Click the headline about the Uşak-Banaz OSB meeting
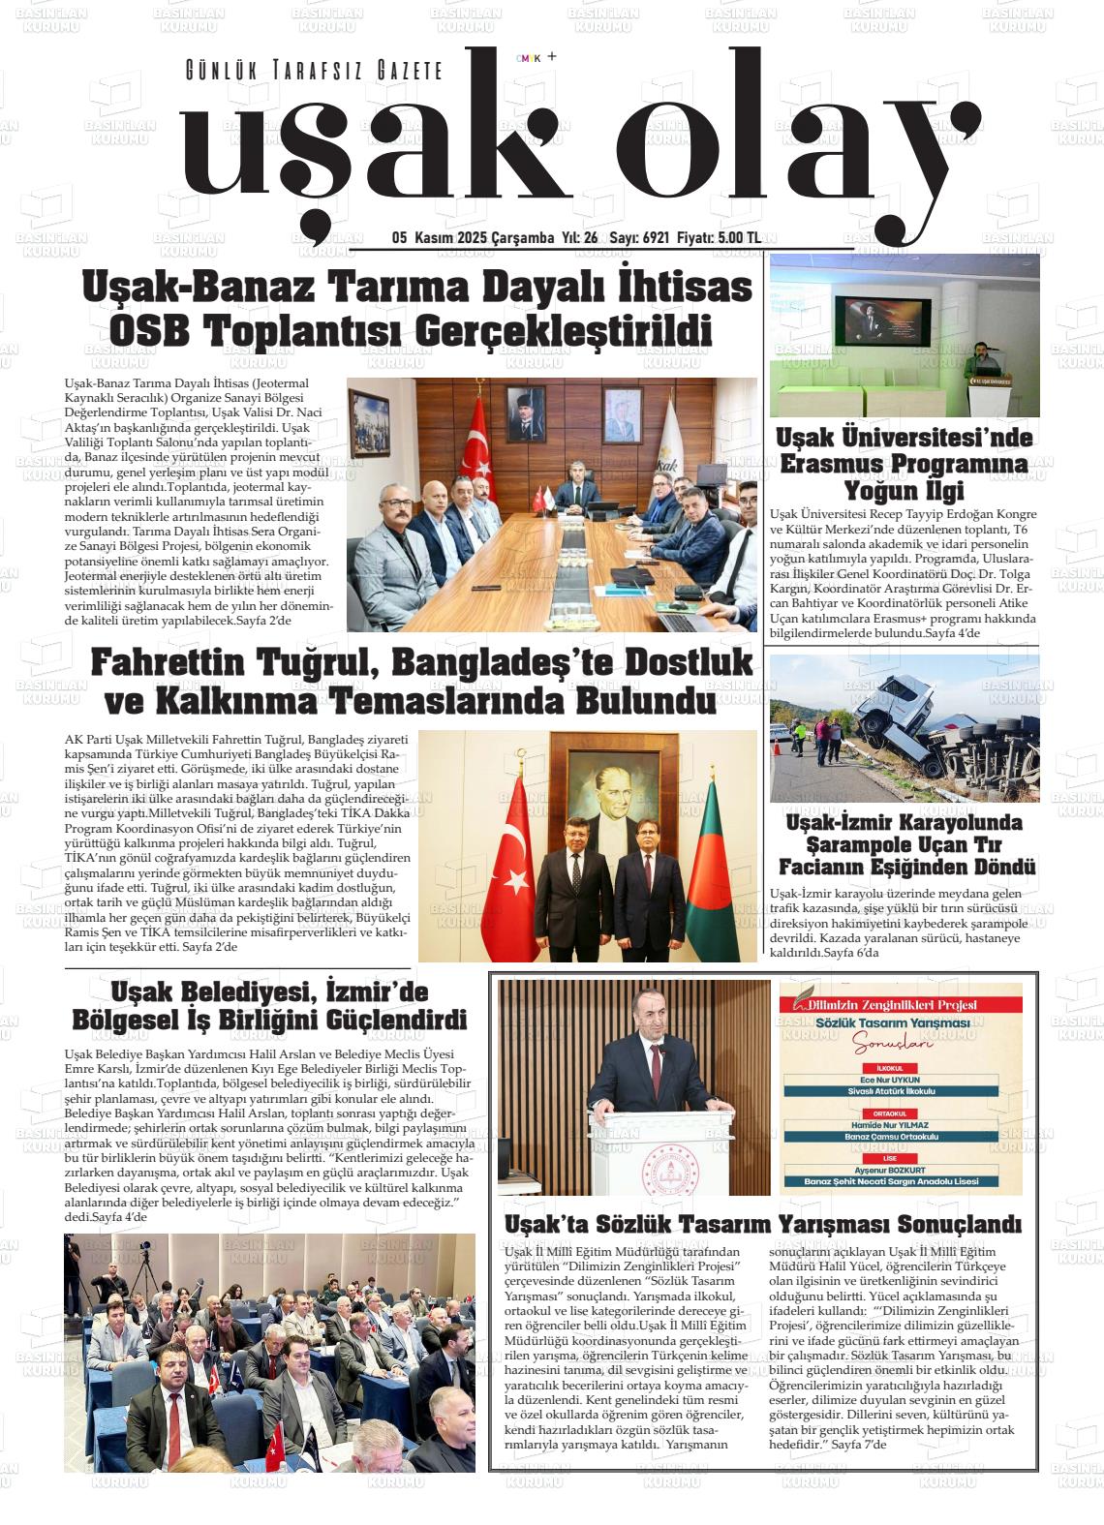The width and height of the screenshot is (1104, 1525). point(417,308)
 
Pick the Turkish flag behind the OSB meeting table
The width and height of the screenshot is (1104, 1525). point(476,445)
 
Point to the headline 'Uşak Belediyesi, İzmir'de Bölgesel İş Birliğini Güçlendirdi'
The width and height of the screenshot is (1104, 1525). point(269,1006)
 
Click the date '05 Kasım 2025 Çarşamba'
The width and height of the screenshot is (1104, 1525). point(472,238)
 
